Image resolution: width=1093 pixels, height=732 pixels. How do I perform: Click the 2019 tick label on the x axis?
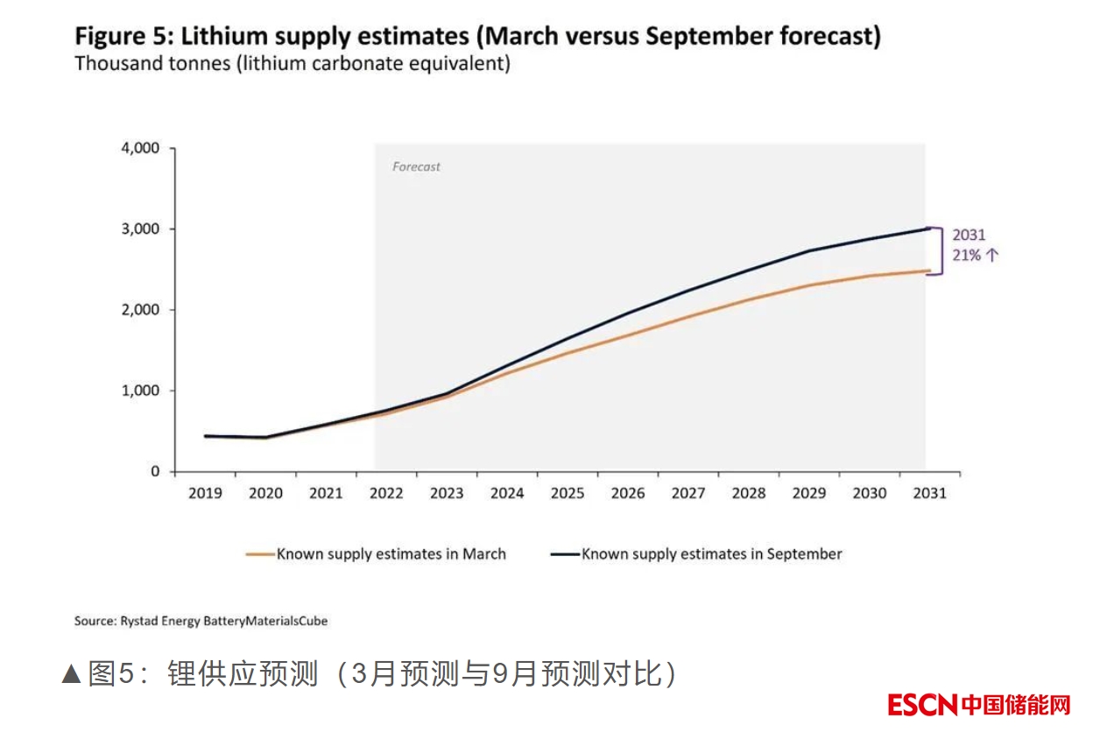(x=205, y=494)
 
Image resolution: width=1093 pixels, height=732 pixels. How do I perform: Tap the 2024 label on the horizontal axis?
(x=507, y=494)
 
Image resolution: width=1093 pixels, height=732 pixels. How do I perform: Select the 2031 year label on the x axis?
(x=929, y=494)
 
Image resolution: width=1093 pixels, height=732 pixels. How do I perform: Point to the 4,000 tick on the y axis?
(x=140, y=148)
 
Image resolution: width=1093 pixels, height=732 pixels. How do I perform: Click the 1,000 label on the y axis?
(x=140, y=391)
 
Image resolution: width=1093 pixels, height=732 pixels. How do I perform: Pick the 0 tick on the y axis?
(x=156, y=471)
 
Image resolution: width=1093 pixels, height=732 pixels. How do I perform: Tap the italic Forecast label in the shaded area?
(x=416, y=166)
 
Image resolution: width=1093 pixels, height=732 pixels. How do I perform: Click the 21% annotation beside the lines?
(x=967, y=256)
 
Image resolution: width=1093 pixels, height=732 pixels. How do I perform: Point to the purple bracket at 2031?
(x=938, y=252)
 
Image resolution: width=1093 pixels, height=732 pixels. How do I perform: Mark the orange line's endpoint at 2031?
(x=928, y=271)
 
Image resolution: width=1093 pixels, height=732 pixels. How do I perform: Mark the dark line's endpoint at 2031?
(x=928, y=229)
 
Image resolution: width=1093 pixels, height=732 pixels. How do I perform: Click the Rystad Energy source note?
(x=201, y=621)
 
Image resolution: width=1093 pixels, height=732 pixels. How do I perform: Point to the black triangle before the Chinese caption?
(x=72, y=674)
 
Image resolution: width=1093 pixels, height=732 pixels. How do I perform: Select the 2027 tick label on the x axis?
(x=688, y=494)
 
